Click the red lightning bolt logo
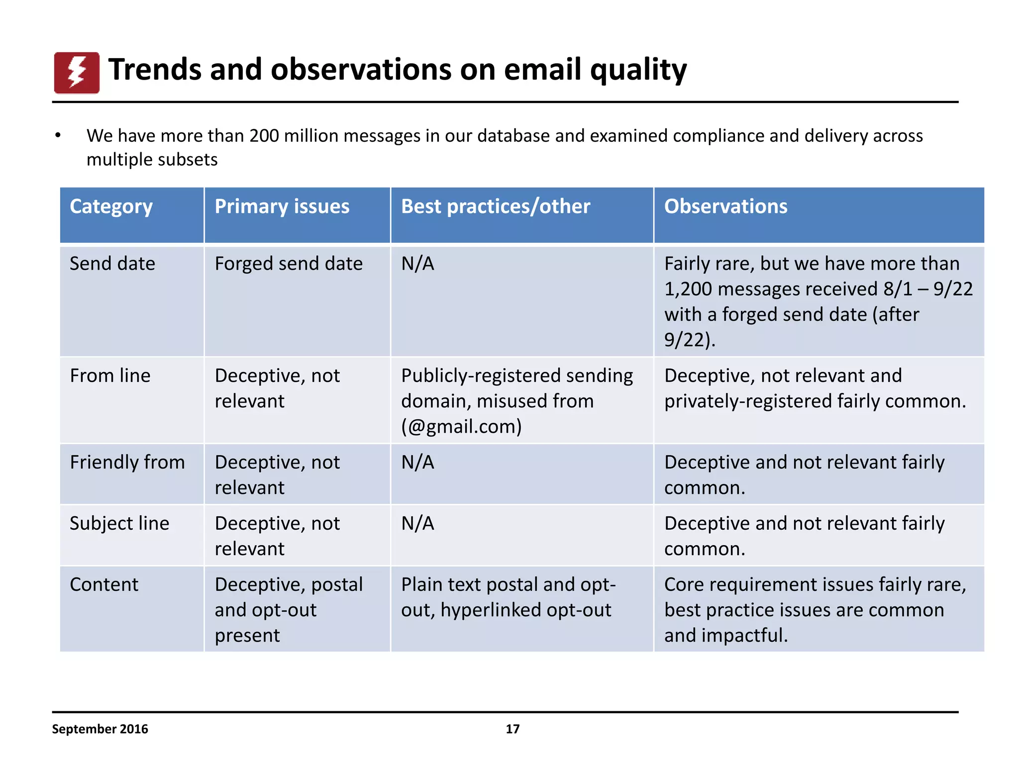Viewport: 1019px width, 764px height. [77, 73]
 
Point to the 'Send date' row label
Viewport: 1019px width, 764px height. [112, 264]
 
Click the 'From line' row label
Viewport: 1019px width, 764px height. [110, 376]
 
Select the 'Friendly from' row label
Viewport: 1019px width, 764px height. [127, 462]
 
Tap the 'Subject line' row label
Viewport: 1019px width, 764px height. [119, 523]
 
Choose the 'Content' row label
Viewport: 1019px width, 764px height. [104, 584]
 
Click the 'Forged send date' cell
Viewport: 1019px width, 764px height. [289, 264]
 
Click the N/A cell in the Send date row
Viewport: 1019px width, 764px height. [417, 264]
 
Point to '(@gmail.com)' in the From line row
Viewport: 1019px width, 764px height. [461, 427]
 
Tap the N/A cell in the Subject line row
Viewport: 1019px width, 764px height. [417, 523]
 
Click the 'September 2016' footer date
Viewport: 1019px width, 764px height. [100, 729]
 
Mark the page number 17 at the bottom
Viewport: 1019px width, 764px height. [512, 729]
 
